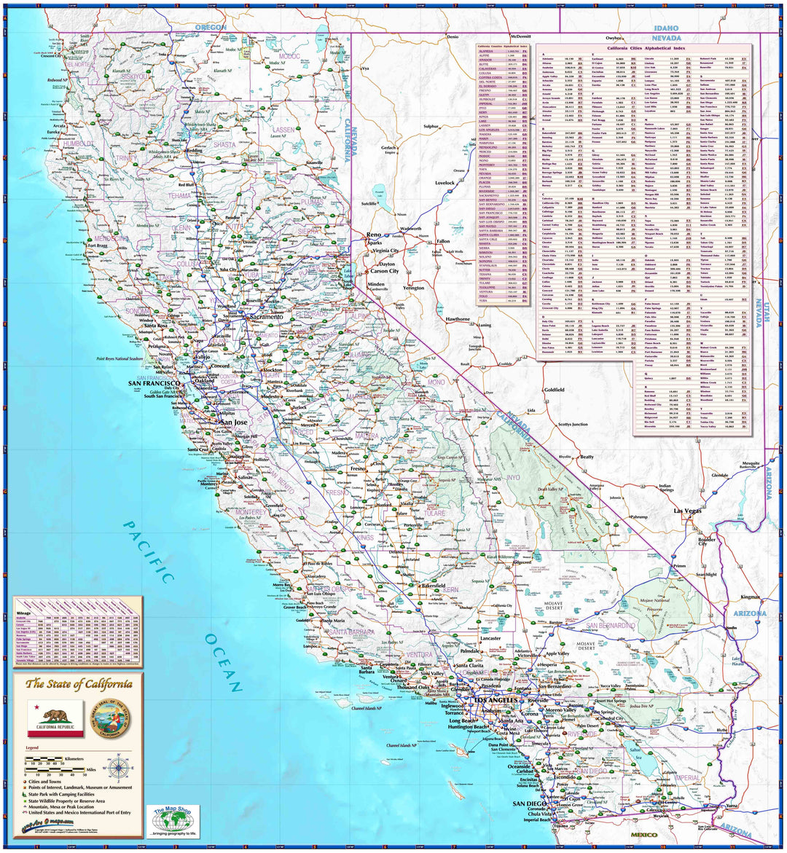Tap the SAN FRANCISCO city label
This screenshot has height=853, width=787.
154,383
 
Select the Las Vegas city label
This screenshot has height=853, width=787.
688,511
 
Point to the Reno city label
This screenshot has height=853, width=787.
374,235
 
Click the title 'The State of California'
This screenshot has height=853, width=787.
79,684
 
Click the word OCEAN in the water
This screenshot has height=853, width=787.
223,662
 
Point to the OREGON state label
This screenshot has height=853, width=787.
211,27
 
